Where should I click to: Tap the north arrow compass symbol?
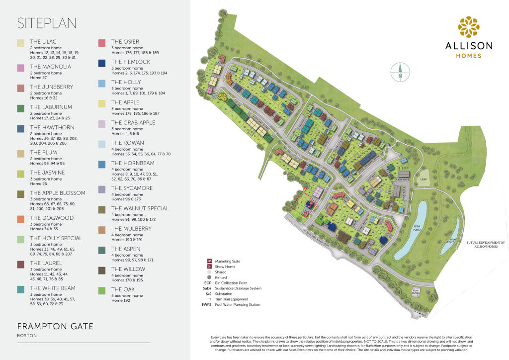coord(400,73)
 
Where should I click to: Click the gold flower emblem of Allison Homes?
coord(469,27)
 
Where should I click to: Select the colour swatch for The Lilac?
coord(20,43)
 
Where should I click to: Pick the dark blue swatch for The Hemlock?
coord(102,63)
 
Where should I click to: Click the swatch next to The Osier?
coord(102,43)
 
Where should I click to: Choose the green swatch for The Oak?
coord(102,290)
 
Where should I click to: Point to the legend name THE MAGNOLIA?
coord(50,67)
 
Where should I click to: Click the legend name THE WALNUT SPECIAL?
coord(140,208)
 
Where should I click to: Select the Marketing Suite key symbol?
coord(210,261)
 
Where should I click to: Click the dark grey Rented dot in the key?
coord(210,277)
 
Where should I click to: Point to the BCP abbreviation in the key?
coord(208,283)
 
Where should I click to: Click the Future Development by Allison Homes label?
coord(486,245)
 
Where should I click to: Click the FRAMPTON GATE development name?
coord(55,326)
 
